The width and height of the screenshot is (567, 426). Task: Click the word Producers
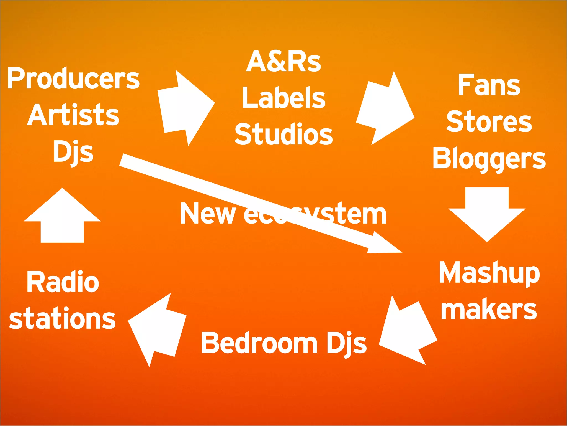(x=73, y=79)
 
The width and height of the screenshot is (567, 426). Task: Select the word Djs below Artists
(x=73, y=152)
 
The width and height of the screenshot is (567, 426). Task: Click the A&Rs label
(x=283, y=61)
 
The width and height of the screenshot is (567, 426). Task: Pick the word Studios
(x=283, y=135)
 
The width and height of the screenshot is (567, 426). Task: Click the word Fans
(x=489, y=85)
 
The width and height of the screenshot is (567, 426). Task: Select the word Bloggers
(x=489, y=158)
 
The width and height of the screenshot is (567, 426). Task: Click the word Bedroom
(x=259, y=343)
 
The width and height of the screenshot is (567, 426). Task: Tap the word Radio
(x=63, y=282)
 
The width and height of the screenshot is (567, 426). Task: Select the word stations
(x=62, y=319)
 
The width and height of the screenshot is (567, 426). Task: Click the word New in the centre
(x=208, y=214)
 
